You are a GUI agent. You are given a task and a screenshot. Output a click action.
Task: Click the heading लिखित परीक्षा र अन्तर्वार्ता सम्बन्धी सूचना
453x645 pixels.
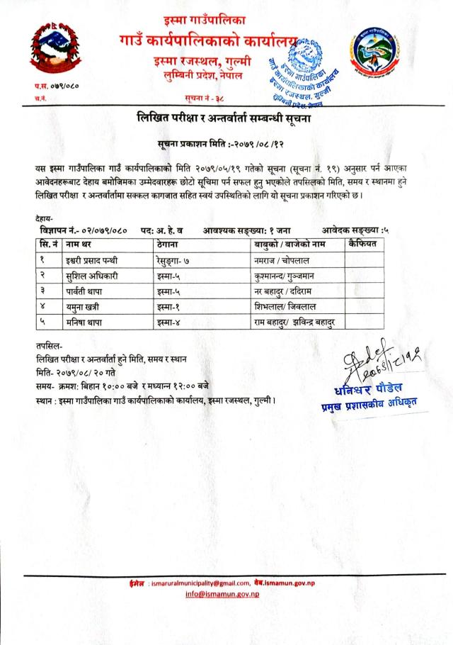pyautogui.click(x=224, y=118)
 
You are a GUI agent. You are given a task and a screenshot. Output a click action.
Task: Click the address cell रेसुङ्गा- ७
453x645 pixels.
pyautogui.click(x=180, y=262)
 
